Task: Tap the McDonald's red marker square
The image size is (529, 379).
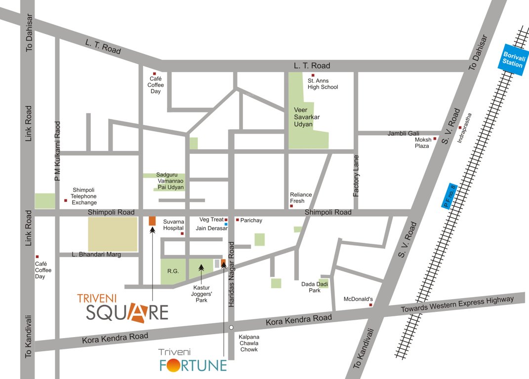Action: point(370,305)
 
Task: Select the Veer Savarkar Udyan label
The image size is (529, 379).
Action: point(303,117)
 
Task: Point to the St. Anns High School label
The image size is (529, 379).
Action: point(323,83)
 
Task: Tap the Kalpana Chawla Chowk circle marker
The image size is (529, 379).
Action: point(231,327)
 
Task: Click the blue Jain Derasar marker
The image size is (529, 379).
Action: point(226,225)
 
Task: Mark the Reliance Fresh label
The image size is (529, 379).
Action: point(301,197)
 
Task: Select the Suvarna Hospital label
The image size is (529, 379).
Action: point(173,225)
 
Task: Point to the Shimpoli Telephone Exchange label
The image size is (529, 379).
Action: point(84,196)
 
